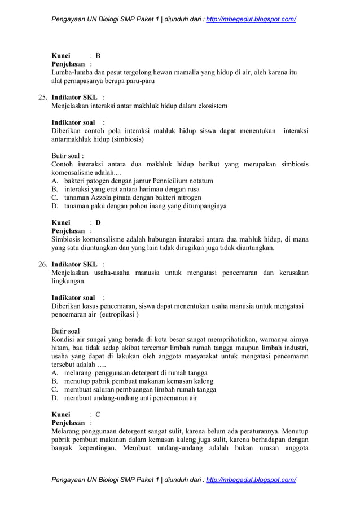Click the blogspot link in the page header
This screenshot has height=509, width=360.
point(251,19)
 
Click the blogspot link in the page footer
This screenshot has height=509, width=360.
point(251,480)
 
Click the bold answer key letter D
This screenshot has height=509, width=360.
point(98,222)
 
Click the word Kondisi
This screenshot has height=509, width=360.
point(63,340)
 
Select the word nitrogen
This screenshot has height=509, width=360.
point(188,198)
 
